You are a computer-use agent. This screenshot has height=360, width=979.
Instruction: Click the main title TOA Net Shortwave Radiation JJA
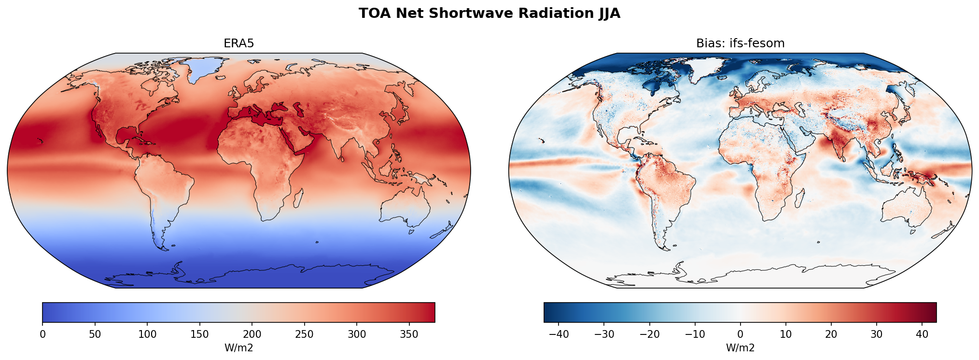click(489, 14)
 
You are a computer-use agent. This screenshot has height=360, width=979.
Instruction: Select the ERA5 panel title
click(238, 43)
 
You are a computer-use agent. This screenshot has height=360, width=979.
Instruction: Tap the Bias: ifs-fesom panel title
click(740, 43)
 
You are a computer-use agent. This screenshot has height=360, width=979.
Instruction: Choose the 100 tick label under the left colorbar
click(147, 334)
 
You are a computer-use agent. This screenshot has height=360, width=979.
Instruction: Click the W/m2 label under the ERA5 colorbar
click(238, 348)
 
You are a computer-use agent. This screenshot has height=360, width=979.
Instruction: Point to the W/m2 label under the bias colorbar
click(740, 348)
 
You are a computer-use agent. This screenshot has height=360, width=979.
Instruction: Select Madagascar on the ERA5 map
click(298, 198)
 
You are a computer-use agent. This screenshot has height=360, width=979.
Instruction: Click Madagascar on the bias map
click(800, 198)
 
